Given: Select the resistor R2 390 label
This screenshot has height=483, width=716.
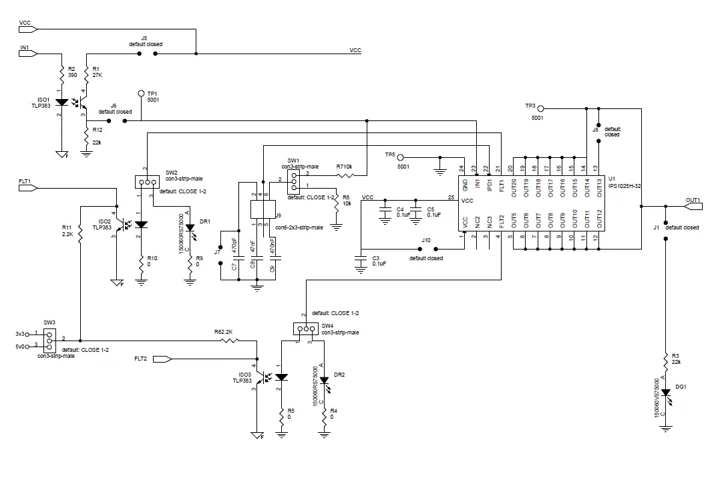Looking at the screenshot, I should tap(72, 72).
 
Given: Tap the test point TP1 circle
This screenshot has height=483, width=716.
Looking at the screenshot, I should tap(141, 94).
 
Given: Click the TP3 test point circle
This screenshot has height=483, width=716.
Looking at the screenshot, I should tap(541, 108).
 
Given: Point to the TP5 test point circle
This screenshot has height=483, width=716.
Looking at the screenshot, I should tap(401, 157).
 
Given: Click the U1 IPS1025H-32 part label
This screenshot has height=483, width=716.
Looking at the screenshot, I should tap(624, 183).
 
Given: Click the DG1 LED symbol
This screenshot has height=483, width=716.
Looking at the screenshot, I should tap(666, 400).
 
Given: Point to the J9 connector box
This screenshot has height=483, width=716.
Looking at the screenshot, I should tap(258, 209).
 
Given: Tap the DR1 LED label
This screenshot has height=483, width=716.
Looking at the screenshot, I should tap(205, 221).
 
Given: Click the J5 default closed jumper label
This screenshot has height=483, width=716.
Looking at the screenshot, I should tap(146, 41).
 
